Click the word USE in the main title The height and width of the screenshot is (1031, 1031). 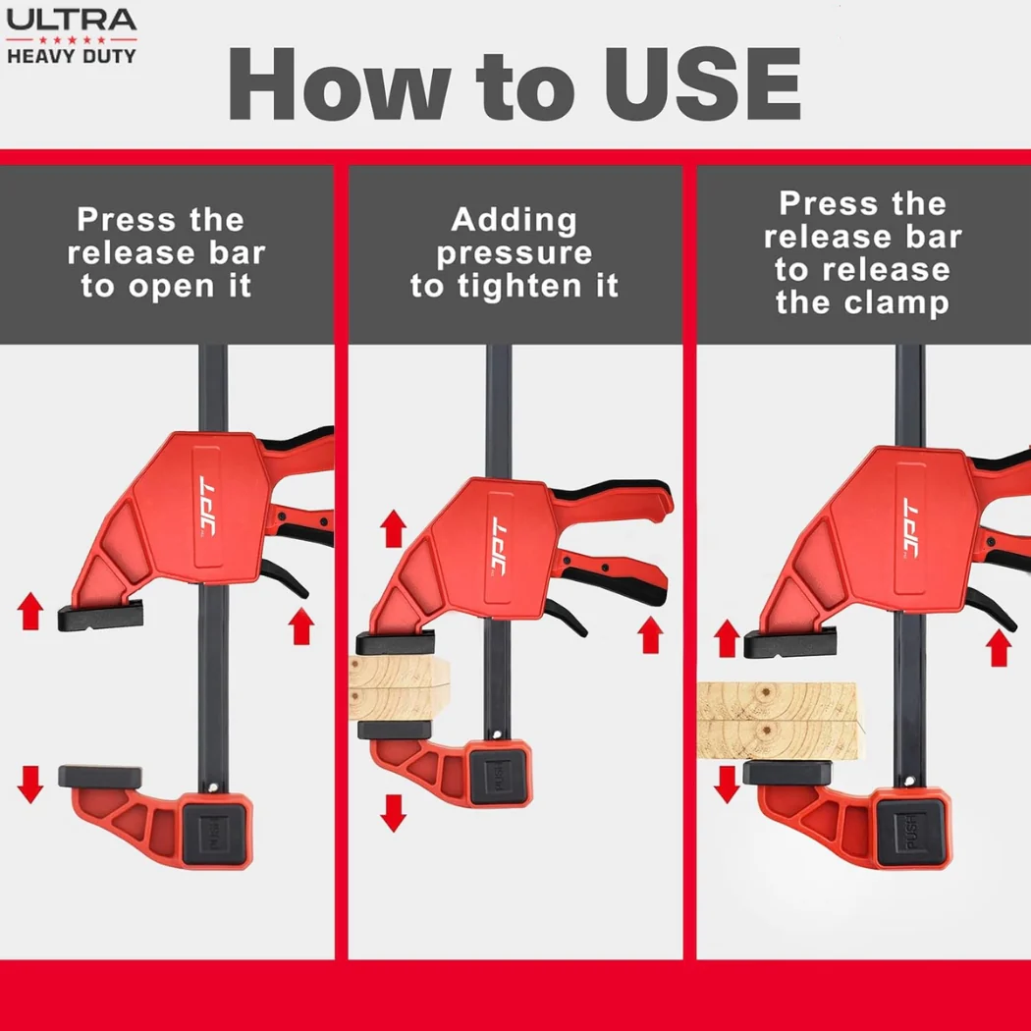point(702,84)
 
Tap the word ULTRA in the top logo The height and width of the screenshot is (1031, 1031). point(71,20)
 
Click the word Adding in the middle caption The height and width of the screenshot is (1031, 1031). point(515,220)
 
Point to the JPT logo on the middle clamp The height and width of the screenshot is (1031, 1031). point(499,548)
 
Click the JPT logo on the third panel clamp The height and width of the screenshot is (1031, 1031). point(910,528)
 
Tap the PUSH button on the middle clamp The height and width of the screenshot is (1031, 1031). point(499,775)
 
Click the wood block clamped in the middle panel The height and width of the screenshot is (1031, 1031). point(399,687)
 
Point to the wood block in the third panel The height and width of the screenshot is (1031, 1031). point(779,722)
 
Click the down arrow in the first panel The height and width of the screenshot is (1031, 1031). point(30,785)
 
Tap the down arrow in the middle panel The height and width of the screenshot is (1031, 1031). point(393,813)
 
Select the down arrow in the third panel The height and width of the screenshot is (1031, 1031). point(727,785)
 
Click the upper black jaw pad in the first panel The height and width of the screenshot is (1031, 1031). point(100,616)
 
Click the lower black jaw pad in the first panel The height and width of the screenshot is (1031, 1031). point(100,778)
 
